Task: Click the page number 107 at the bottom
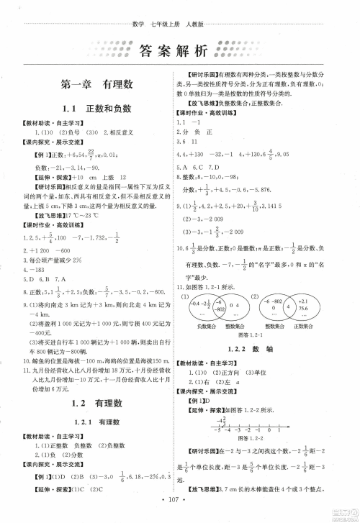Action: [179, 512]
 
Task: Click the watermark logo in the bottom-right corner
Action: [345, 510]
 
